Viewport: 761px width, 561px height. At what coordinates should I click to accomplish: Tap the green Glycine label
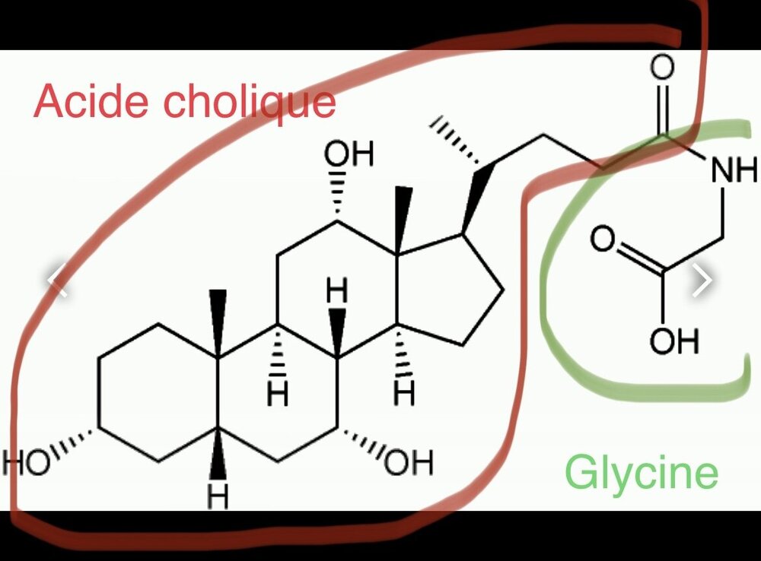tap(641, 472)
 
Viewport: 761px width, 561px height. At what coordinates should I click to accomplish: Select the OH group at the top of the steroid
tap(349, 155)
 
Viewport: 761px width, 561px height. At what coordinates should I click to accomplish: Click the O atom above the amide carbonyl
tap(662, 68)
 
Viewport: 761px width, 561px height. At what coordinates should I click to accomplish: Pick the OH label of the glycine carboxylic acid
tap(673, 342)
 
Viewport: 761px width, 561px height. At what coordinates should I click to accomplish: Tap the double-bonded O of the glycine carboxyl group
tap(602, 241)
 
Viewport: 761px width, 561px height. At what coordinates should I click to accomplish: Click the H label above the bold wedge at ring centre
tap(338, 290)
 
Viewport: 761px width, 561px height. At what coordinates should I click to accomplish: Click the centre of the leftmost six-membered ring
tap(158, 393)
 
